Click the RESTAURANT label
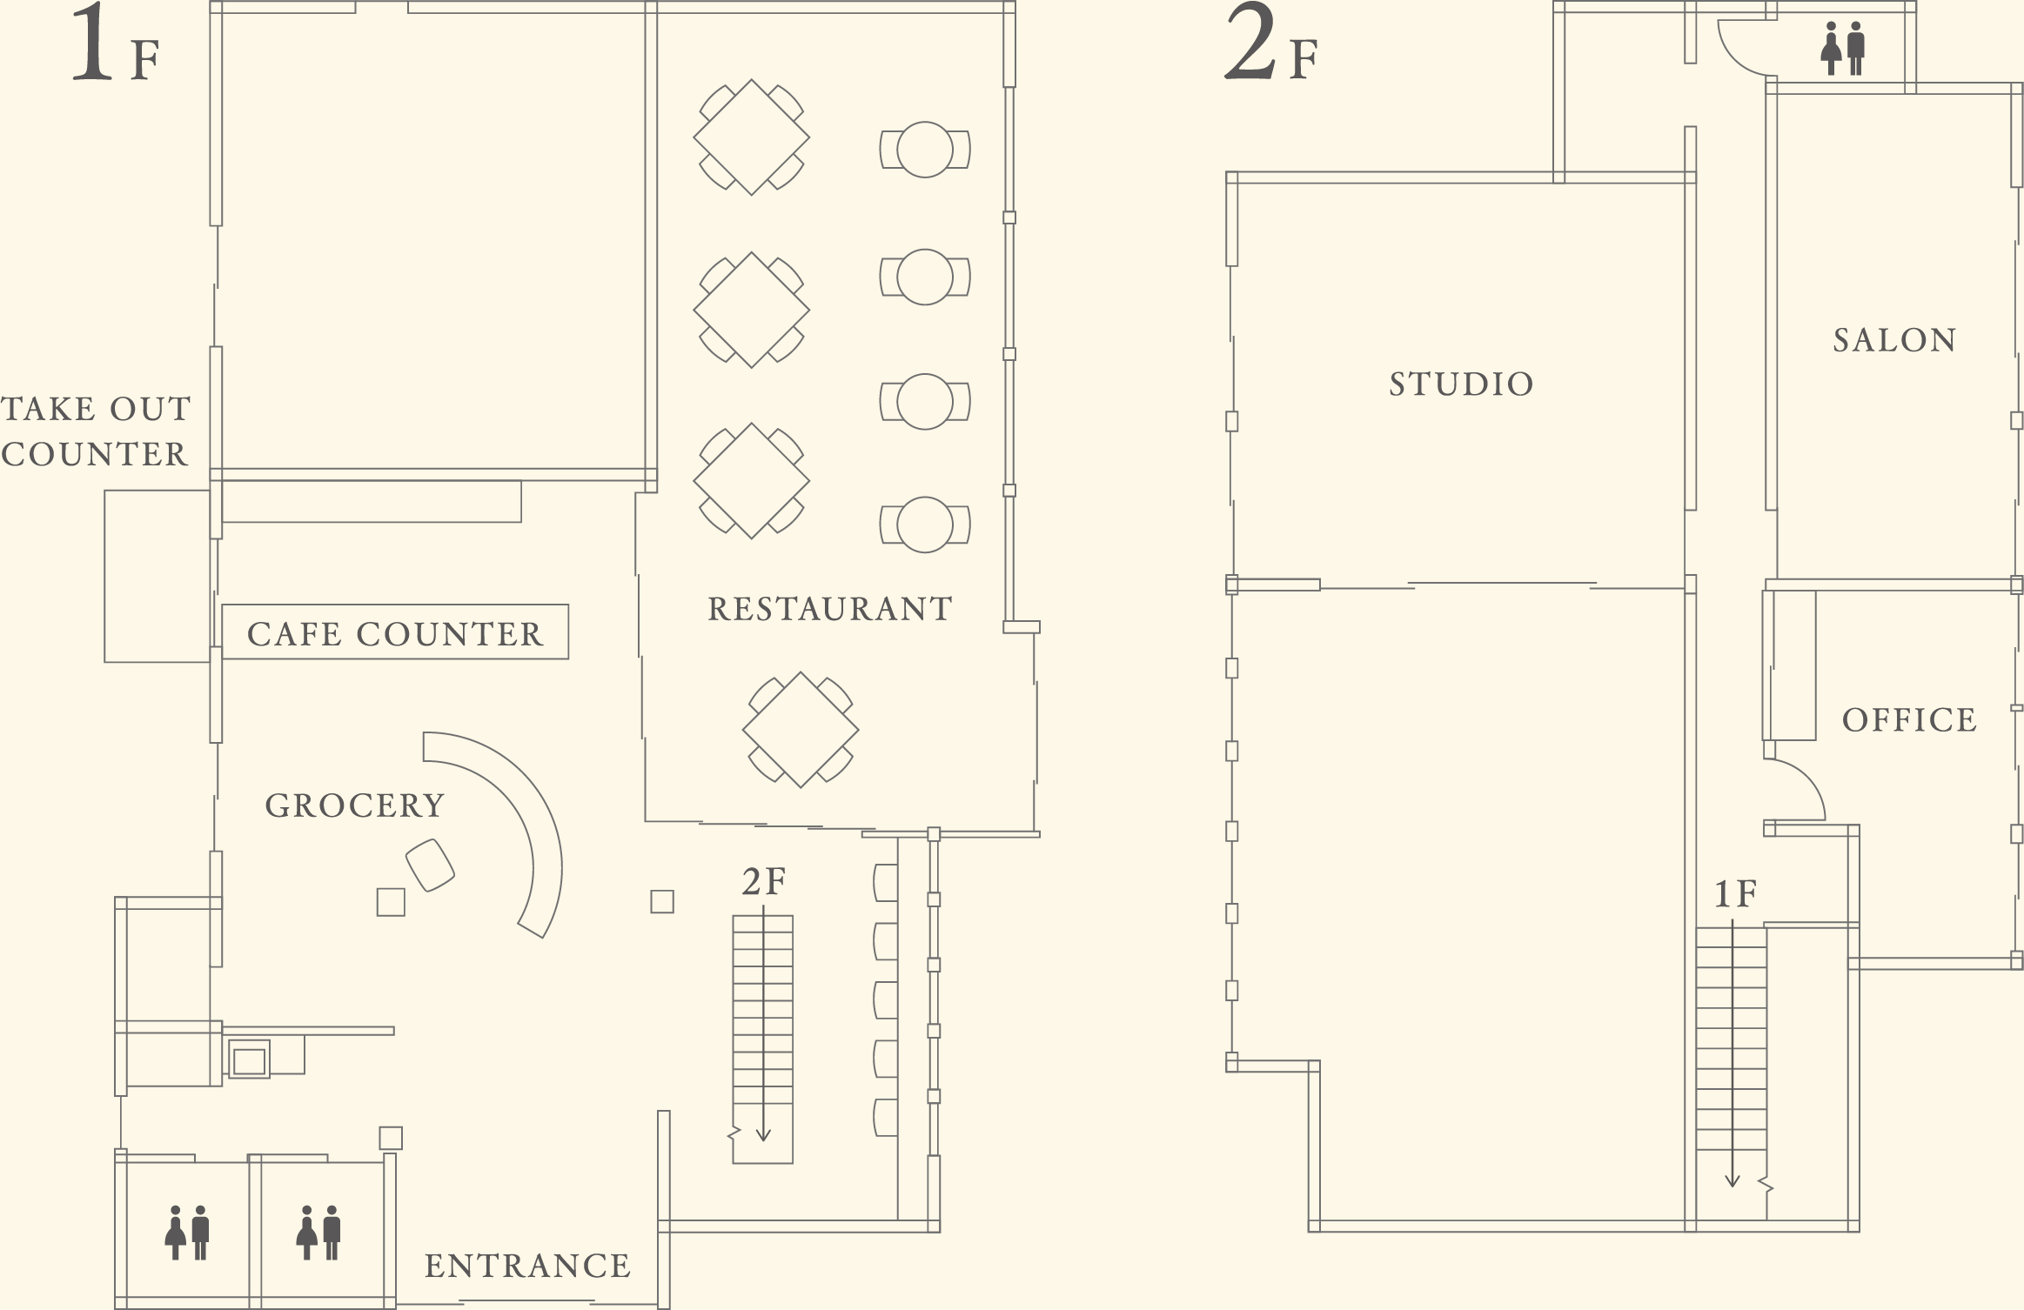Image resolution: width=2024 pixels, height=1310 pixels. [x=830, y=609]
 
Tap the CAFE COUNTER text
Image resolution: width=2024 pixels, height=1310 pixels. [x=395, y=634]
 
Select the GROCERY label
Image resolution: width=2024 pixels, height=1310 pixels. [x=355, y=805]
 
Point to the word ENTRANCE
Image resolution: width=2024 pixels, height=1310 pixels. [x=527, y=1266]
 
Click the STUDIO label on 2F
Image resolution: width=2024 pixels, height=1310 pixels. [x=1461, y=384]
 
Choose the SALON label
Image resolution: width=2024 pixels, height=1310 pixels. [x=1895, y=340]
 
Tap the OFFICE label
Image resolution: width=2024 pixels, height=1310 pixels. [x=1910, y=720]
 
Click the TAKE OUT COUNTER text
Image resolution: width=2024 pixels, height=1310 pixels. [x=95, y=431]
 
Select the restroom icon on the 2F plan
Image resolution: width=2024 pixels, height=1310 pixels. [x=1843, y=49]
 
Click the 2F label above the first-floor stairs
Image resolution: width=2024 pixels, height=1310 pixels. [x=764, y=882]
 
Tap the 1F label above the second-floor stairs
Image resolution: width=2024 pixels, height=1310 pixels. [x=1736, y=894]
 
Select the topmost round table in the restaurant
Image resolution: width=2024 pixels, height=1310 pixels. [x=925, y=150]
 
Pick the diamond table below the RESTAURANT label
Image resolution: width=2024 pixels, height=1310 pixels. [x=801, y=730]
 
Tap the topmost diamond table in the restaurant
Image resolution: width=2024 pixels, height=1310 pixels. [x=752, y=137]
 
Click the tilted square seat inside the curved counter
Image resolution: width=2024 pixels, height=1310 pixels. [x=430, y=866]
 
